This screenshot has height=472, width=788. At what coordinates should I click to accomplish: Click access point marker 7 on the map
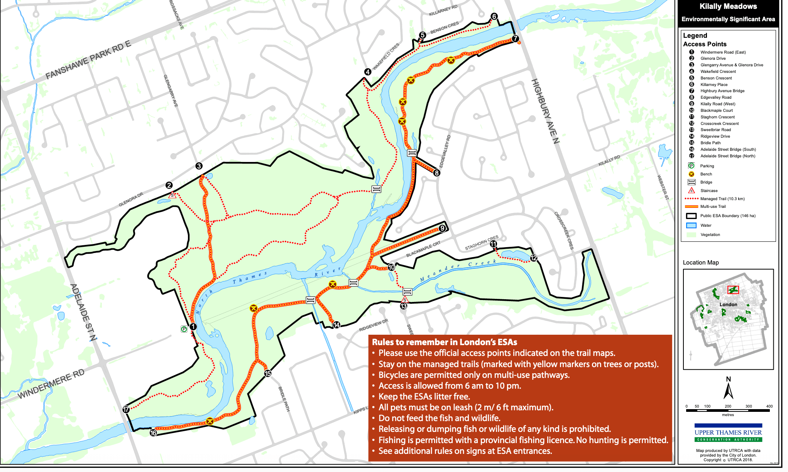point(515,39)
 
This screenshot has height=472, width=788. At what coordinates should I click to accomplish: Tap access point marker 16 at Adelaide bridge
point(153,433)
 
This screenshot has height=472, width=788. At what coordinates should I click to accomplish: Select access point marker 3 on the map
point(199,166)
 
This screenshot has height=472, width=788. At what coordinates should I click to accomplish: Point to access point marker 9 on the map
point(442,228)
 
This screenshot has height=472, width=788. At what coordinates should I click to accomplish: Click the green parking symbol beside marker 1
point(184,329)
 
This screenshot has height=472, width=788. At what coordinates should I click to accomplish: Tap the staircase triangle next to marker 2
point(172,195)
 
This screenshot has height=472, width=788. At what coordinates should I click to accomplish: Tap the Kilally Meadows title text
point(728,7)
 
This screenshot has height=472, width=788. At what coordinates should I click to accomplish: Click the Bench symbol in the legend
point(692,174)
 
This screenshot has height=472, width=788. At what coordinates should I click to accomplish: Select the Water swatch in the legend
point(691,226)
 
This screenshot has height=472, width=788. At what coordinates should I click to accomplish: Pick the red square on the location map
point(733,290)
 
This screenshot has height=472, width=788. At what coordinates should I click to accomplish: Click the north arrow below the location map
point(728,389)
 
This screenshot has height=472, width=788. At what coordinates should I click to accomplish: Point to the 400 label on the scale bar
point(769,406)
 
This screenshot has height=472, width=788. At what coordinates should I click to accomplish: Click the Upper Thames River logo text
point(728,433)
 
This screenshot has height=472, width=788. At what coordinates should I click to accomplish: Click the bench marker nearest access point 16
point(210,421)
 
